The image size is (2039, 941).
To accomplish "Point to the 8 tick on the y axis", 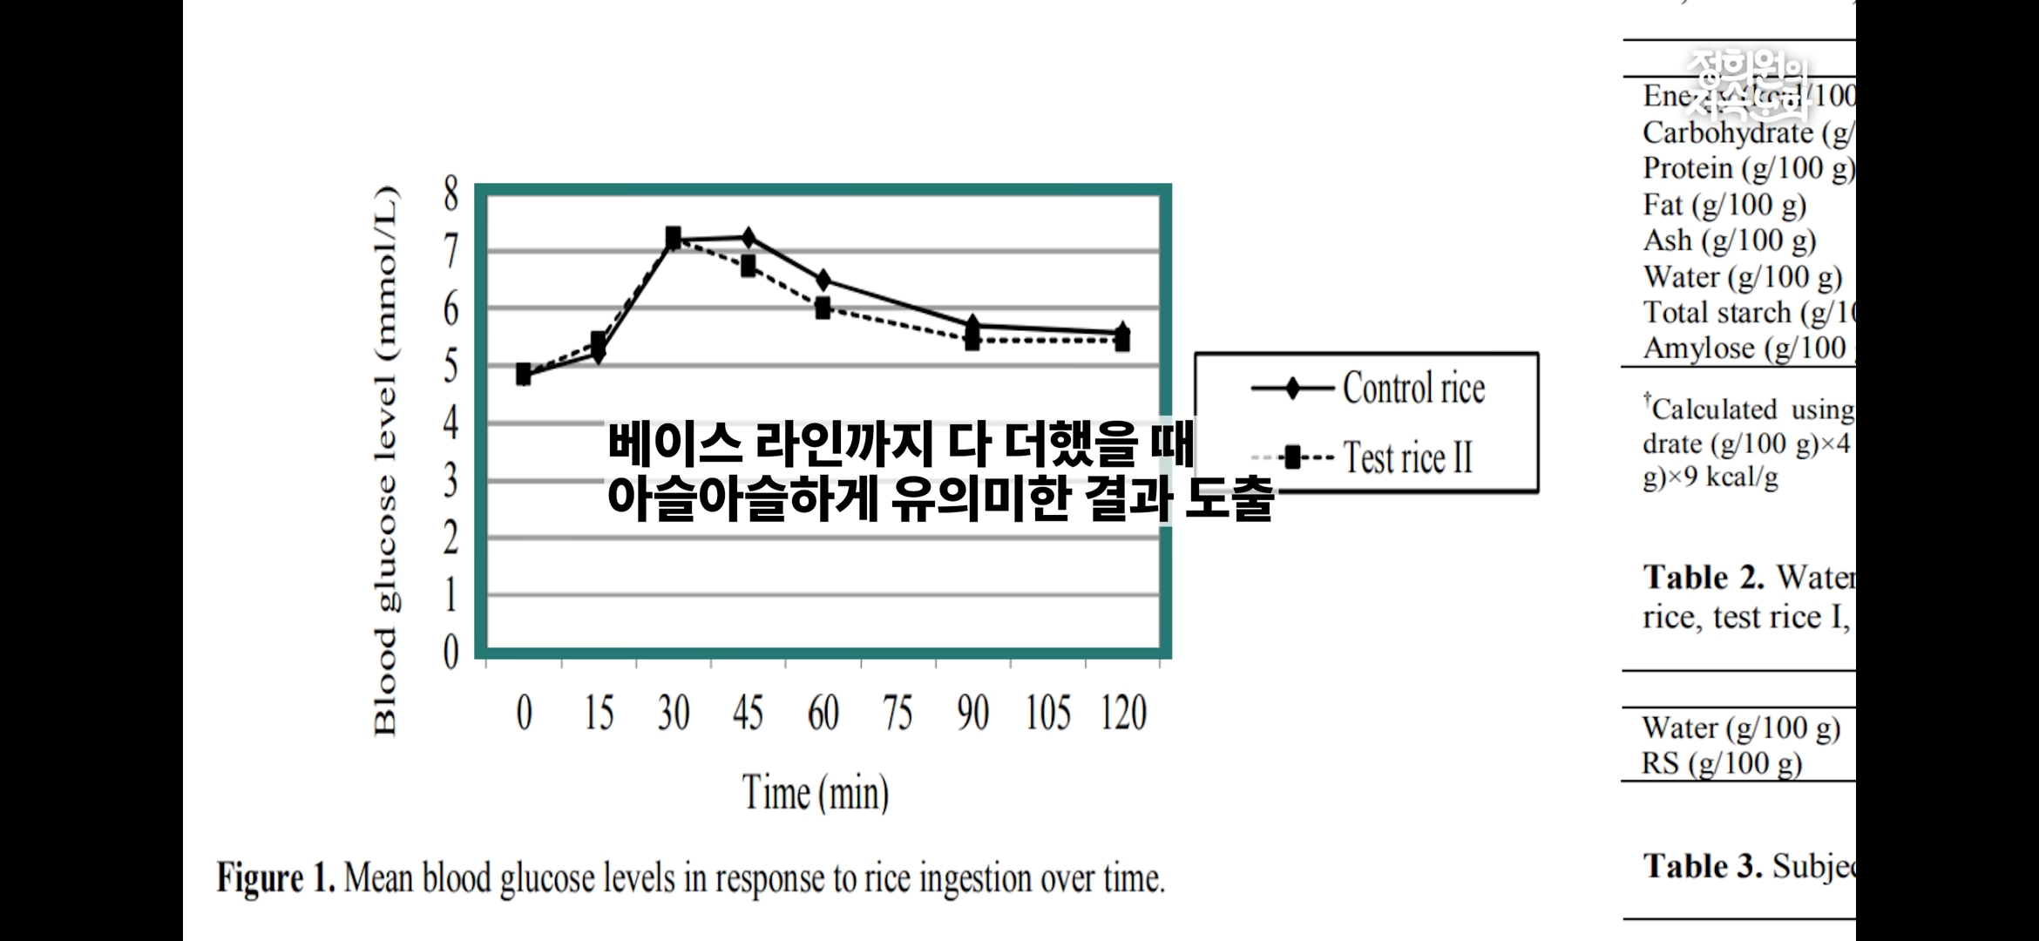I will pyautogui.click(x=450, y=194).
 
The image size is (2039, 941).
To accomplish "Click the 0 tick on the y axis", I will pyautogui.click(x=450, y=652).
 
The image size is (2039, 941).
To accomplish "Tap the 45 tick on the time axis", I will pyautogui.click(x=748, y=714).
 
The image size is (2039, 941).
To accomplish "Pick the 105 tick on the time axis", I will pyautogui.click(x=1047, y=714).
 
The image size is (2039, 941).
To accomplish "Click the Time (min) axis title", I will pyautogui.click(x=816, y=793).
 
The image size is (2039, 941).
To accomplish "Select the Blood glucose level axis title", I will pyautogui.click(x=385, y=462).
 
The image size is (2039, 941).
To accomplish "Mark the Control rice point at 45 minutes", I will pyautogui.click(x=748, y=237).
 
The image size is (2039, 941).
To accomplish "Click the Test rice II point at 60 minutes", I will pyautogui.click(x=823, y=308).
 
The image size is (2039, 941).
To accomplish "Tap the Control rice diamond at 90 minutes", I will pyautogui.click(x=972, y=325).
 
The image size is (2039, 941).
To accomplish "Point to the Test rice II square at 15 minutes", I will pyautogui.click(x=599, y=341).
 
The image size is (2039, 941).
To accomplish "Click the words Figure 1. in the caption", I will pyautogui.click(x=275, y=877).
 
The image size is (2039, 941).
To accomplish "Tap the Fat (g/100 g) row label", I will pyautogui.click(x=1724, y=205).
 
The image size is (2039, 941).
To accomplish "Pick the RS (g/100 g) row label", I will pyautogui.click(x=1721, y=763).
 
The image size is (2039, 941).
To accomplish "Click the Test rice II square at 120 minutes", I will pyautogui.click(x=1122, y=342).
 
